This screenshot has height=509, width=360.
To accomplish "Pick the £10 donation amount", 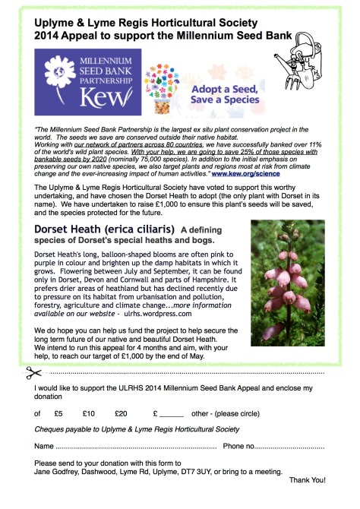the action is [x=89, y=413].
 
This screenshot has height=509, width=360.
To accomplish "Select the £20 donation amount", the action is [x=121, y=413].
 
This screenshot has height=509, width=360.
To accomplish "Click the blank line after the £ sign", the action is [x=172, y=414].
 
